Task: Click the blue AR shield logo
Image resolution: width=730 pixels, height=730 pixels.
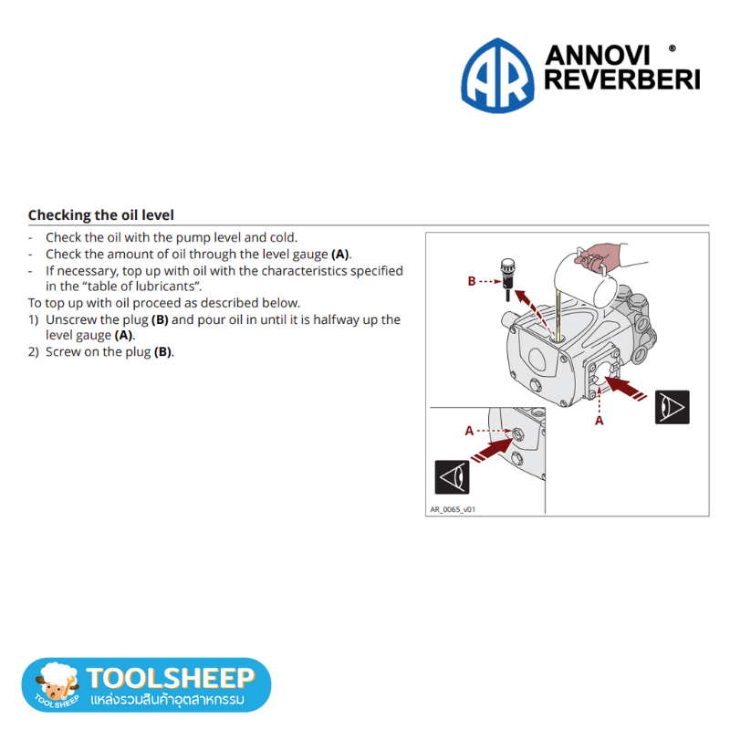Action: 497,76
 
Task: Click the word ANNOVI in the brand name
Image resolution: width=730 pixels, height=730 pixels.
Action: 597,56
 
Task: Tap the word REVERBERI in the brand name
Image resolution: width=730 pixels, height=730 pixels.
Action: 622,79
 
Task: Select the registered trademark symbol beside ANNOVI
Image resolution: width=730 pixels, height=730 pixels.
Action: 672,48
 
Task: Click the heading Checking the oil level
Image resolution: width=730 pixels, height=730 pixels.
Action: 101,215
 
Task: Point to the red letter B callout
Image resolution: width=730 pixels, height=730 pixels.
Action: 472,281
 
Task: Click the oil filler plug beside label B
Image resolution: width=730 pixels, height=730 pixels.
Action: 507,279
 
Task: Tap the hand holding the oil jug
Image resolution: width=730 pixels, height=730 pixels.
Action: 600,257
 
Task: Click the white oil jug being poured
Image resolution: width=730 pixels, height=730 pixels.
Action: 584,279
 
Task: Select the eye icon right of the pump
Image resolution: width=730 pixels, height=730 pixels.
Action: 672,407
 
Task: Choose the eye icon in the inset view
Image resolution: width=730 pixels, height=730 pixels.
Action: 452,477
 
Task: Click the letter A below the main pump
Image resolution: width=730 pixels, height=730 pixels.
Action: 600,421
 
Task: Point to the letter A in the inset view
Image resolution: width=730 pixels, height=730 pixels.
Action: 469,431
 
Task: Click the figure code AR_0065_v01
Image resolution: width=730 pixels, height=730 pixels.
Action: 453,509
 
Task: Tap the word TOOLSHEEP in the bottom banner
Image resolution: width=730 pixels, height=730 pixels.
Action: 171,678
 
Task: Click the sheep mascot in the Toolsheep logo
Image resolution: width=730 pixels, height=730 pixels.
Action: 57,682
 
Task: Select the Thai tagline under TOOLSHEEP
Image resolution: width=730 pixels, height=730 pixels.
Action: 167,699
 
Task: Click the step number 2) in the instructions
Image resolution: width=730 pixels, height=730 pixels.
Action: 33,352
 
